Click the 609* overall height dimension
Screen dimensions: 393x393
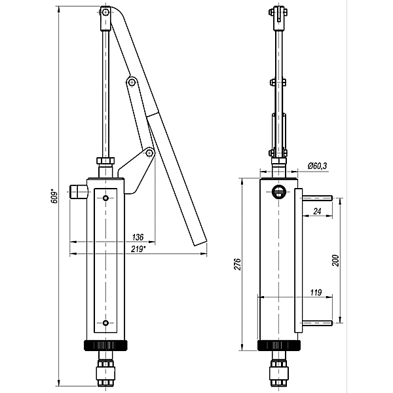coord(55,197)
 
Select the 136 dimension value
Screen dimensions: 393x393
coord(138,237)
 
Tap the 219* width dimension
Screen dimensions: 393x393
coord(138,249)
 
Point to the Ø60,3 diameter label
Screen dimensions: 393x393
coord(318,166)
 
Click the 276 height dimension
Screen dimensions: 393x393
coord(237,264)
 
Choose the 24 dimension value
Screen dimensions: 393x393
coord(317,211)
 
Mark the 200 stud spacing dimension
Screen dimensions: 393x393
coord(335,261)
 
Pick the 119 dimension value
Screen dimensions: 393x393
coord(316,293)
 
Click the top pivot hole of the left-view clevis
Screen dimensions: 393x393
coord(105,12)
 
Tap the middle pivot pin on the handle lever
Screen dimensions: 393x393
coord(132,82)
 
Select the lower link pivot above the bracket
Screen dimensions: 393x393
coord(149,153)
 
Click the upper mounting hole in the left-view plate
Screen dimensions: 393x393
coord(105,198)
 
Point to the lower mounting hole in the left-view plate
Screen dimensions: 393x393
coord(105,323)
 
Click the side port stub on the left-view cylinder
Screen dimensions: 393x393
coord(79,192)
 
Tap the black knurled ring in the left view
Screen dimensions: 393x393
coord(105,345)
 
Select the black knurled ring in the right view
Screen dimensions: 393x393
coord(279,345)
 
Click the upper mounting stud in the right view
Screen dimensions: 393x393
coord(317,198)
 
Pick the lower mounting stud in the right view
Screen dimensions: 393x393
coord(317,323)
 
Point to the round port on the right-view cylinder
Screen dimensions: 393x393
coord(278,192)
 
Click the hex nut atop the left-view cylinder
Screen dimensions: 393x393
coord(105,160)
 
